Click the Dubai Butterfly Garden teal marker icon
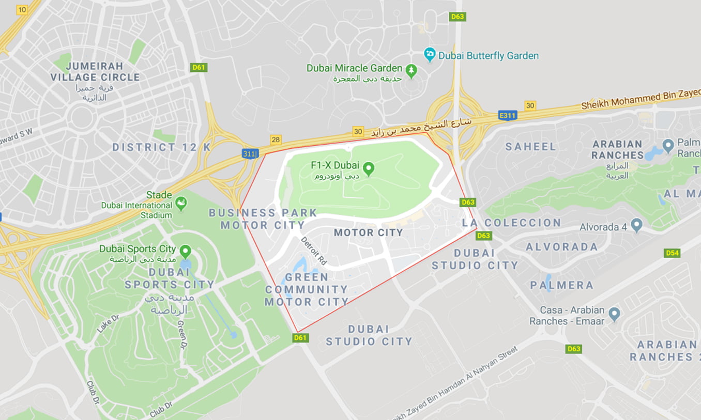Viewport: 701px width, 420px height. (430, 54)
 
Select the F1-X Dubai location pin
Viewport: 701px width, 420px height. (368, 168)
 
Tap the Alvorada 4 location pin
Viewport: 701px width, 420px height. (636, 225)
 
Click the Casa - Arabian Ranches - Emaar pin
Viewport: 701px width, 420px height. (614, 314)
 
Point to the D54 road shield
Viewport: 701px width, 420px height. (672, 253)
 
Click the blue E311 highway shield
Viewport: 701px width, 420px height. (507, 116)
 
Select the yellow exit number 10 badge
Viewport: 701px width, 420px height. (22, 10)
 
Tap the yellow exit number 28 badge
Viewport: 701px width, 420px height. (276, 140)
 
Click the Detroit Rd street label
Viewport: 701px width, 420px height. (314, 251)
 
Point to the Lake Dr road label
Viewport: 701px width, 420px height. (108, 323)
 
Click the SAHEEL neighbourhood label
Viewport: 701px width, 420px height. (530, 147)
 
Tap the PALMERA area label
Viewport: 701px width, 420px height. (561, 285)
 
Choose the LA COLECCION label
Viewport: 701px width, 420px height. (511, 223)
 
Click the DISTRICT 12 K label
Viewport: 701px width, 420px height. (161, 147)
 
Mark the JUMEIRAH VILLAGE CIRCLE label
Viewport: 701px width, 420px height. (95, 72)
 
